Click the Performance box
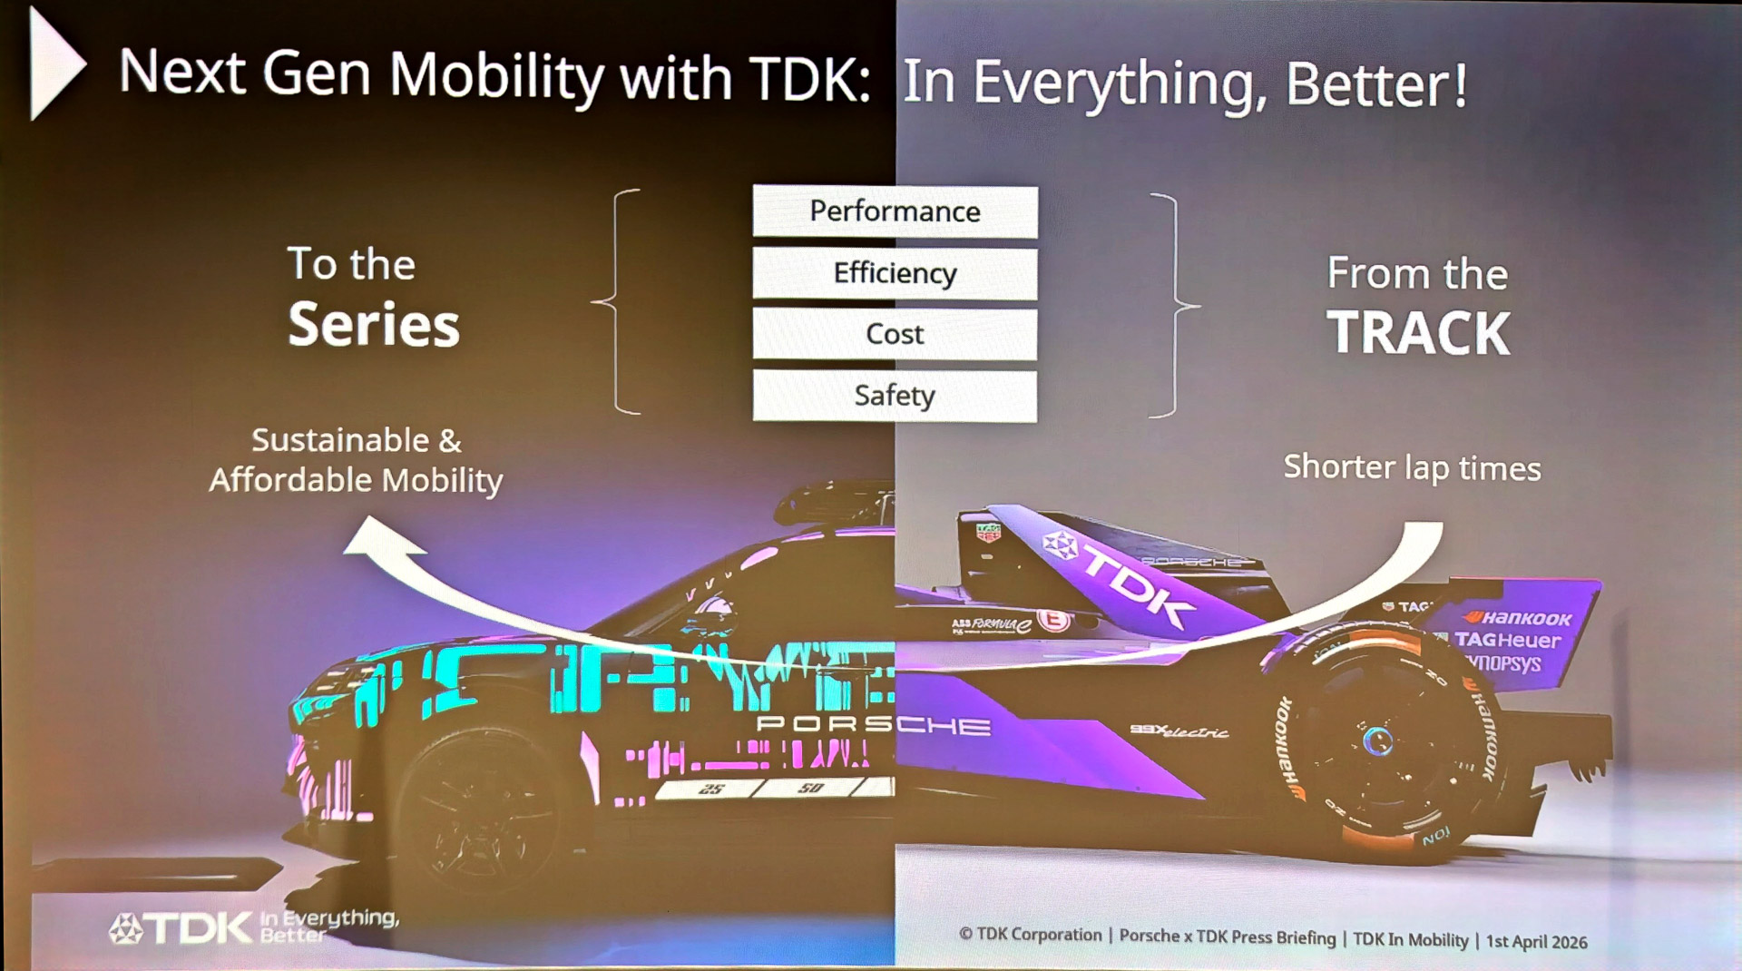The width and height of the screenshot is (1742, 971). tap(895, 211)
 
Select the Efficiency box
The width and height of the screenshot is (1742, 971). tap(895, 273)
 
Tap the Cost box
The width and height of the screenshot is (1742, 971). tap(895, 334)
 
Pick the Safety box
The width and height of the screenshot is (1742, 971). tap(895, 396)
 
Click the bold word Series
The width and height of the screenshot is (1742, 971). tap(374, 325)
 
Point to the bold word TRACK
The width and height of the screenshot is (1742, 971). tap(1418, 333)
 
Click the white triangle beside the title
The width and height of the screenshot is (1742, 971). tap(54, 64)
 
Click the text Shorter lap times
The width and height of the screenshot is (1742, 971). tap(1412, 467)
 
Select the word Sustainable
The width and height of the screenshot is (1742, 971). tap(340, 440)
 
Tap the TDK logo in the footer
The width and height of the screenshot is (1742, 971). tap(181, 927)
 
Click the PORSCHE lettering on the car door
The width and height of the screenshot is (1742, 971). tap(873, 724)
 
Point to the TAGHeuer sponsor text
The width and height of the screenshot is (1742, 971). tap(1508, 641)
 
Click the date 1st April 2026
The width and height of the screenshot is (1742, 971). tap(1536, 941)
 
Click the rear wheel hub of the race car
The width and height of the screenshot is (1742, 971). tap(1378, 741)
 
